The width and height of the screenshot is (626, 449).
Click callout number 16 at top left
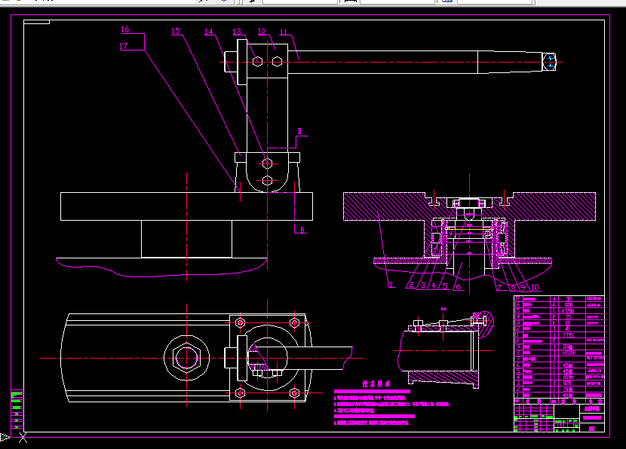pyautogui.click(x=125, y=30)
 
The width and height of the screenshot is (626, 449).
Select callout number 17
pyautogui.click(x=124, y=46)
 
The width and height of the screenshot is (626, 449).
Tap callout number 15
pyautogui.click(x=176, y=32)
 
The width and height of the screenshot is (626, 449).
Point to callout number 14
pyautogui.click(x=209, y=32)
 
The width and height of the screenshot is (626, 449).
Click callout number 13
pyautogui.click(x=237, y=32)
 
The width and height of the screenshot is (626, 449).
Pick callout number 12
pyautogui.click(x=262, y=32)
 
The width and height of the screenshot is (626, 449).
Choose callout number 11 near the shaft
pyautogui.click(x=284, y=32)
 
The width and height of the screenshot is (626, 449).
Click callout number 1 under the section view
pyautogui.click(x=391, y=286)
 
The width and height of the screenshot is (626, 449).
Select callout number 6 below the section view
pyautogui.click(x=457, y=287)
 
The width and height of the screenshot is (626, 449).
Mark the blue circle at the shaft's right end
pyautogui.click(x=550, y=62)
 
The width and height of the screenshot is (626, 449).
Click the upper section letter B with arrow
pyautogui.click(x=299, y=131)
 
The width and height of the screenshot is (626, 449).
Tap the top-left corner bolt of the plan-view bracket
pyautogui.click(x=241, y=322)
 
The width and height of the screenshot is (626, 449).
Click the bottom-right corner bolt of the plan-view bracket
pyautogui.click(x=294, y=392)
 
